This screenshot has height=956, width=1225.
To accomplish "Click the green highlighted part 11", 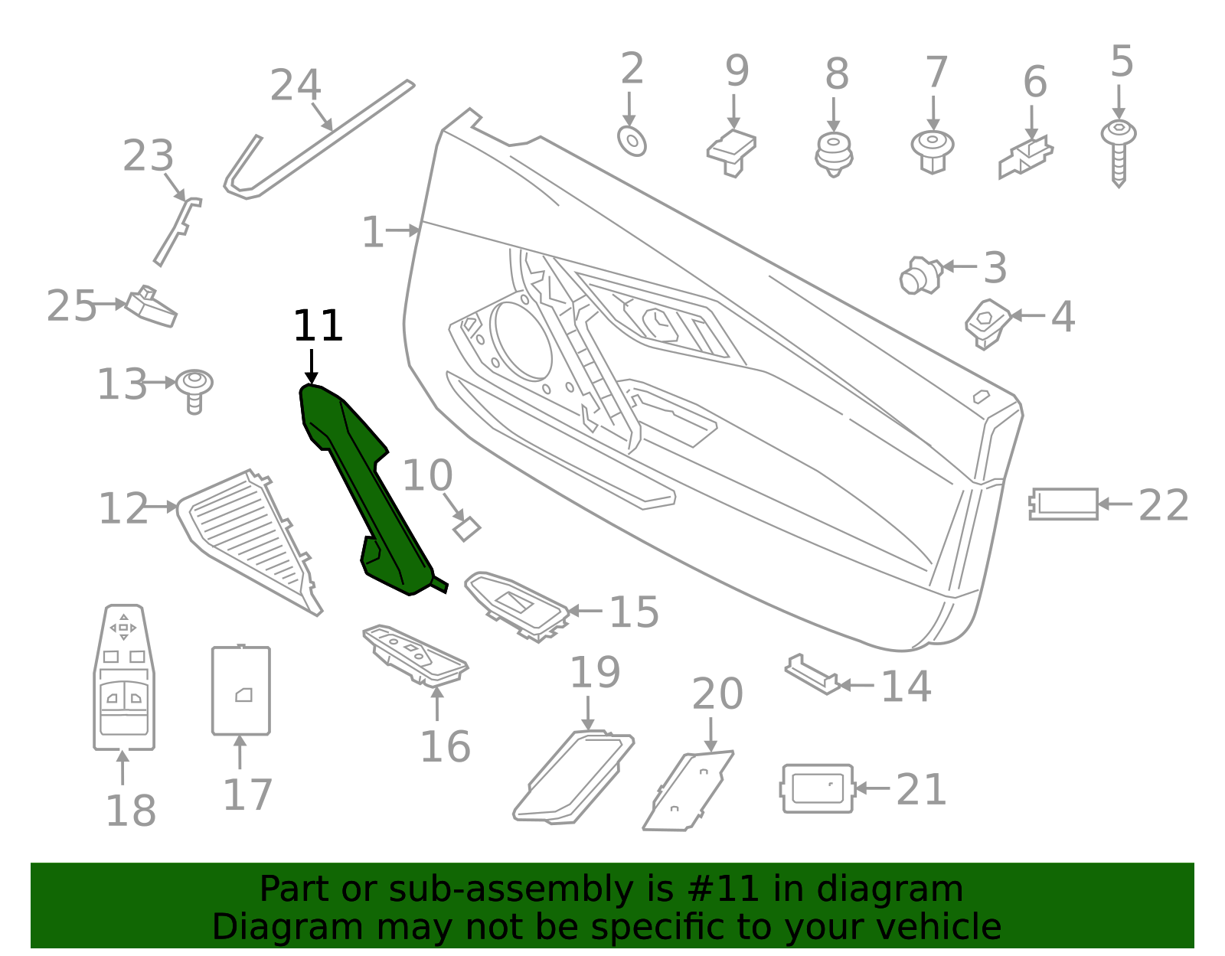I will click(367, 490).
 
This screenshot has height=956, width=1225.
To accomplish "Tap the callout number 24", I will click(295, 86).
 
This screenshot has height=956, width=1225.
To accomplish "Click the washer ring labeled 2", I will click(632, 141).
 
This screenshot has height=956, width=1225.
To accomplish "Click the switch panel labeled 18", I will click(124, 677).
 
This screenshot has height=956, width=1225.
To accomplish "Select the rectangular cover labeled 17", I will click(240, 690).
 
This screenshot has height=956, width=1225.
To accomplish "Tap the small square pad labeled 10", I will click(466, 528).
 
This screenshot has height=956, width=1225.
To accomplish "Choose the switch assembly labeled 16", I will click(416, 655).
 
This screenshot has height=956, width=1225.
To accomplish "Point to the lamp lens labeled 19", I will click(574, 777).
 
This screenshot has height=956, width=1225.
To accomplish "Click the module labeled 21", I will click(817, 788).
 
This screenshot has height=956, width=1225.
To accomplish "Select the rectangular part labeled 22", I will click(1063, 504).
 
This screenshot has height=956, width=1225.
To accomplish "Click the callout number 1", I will click(372, 232).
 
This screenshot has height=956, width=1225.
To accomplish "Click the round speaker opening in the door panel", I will click(521, 341).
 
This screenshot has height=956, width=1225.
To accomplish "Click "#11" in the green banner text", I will click(723, 889).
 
